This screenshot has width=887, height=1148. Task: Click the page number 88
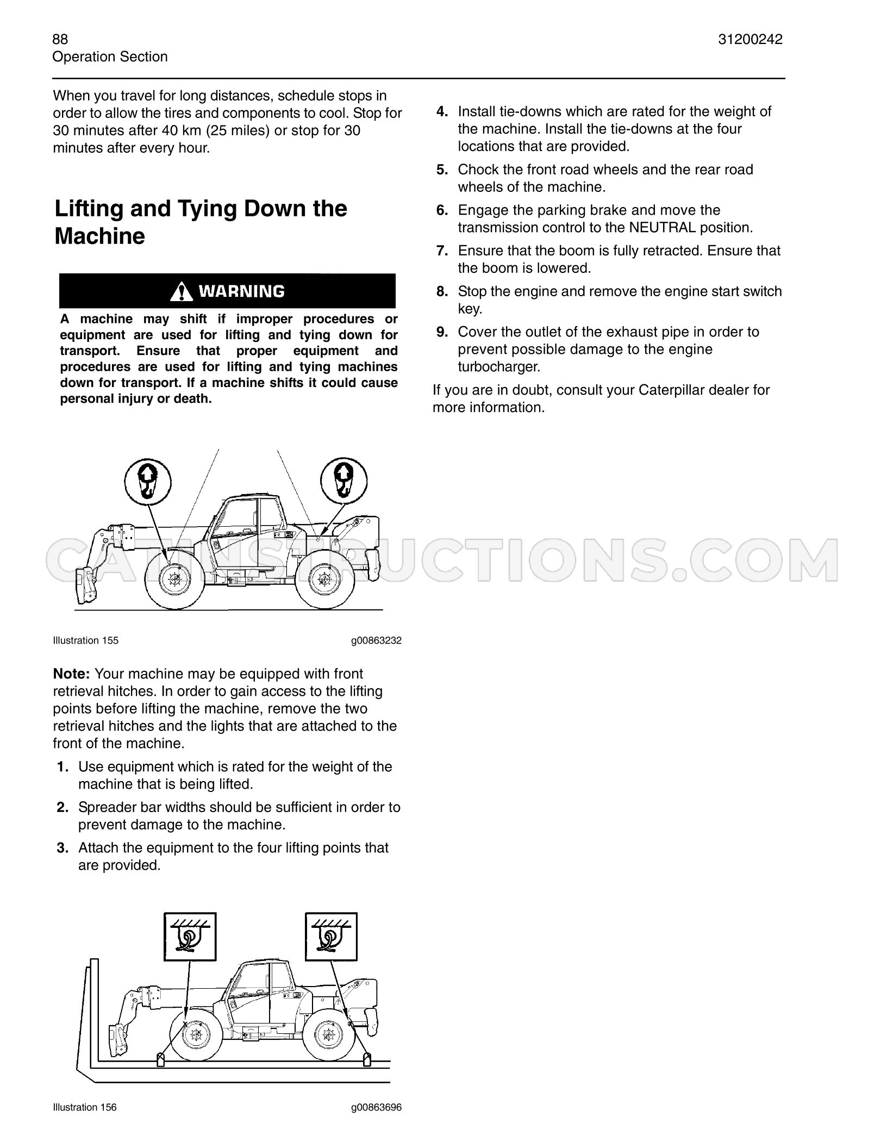point(60,39)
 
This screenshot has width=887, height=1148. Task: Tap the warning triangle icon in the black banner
point(181,291)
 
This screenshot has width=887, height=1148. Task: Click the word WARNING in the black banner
point(241,292)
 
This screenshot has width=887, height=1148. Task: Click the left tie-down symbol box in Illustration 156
point(190,937)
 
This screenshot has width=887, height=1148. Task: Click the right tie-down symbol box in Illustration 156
point(332,937)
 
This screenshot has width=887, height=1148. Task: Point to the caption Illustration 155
point(85,640)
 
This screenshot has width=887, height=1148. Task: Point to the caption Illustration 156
point(85,1107)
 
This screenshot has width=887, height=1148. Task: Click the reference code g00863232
point(376,640)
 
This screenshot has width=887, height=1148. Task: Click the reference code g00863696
point(376,1107)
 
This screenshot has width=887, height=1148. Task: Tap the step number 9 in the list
point(442,332)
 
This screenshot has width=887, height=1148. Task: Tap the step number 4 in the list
point(442,111)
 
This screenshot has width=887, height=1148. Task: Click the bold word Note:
point(71,674)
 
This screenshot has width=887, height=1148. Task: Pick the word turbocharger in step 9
point(499,367)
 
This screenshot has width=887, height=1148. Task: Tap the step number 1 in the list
point(63,767)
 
